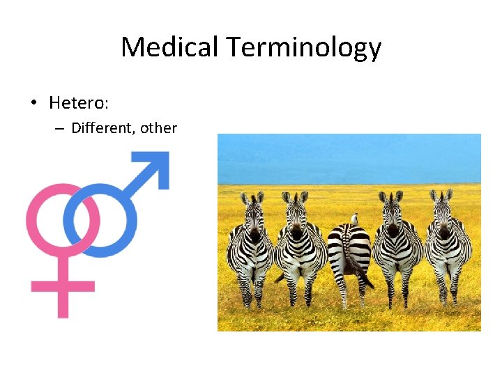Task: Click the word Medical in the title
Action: [169, 47]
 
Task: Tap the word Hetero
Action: [75, 103]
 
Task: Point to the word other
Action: [158, 128]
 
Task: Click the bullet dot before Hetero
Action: [33, 104]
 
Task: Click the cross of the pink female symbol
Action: [63, 286]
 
